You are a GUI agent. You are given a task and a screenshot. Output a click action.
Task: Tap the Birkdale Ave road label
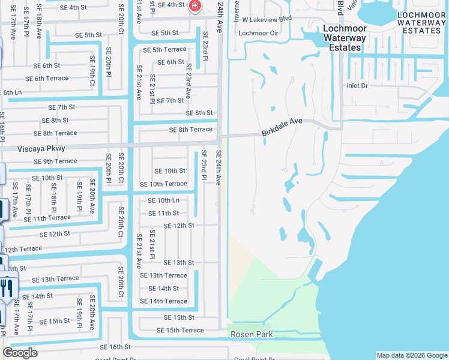tap(282, 126)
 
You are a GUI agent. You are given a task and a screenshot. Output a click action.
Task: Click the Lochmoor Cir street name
tap(258, 33)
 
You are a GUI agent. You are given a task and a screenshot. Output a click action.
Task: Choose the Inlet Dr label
tap(357, 86)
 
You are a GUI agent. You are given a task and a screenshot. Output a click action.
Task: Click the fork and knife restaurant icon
tap(7, 287)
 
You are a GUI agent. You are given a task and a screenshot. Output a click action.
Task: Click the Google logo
tap(20, 353)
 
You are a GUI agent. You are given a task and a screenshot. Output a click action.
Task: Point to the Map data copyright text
tap(411, 355)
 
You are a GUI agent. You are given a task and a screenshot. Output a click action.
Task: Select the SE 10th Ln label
tap(163, 200)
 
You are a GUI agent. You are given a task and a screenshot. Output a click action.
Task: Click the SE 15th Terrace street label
tap(180, 330)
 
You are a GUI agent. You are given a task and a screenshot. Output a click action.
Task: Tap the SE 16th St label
tap(115, 347)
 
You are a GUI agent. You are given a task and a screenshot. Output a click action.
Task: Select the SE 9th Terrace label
tap(55, 161)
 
